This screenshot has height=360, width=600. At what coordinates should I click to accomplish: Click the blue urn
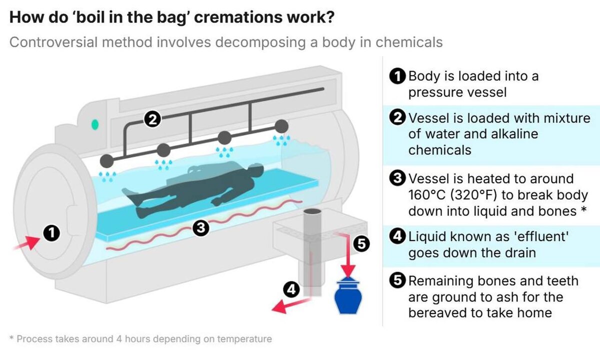click(349, 297)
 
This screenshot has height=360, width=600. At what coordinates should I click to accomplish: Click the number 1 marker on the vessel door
click(51, 233)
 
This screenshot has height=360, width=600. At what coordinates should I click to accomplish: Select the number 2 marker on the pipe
click(152, 119)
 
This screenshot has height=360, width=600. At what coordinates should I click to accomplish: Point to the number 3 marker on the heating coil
click(200, 228)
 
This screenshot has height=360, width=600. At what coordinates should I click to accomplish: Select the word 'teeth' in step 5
click(559, 281)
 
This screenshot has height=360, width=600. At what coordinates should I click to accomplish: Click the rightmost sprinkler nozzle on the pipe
click(281, 125)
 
